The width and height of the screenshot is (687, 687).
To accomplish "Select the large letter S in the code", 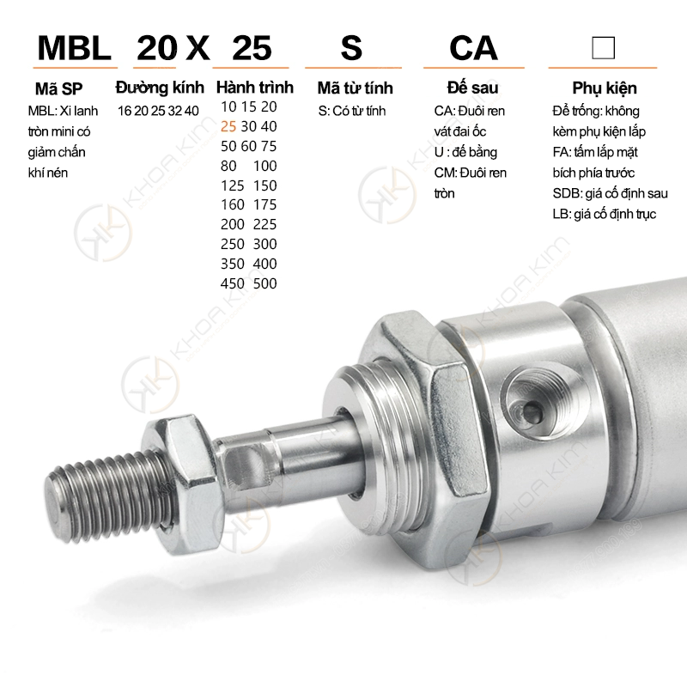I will (x=351, y=47).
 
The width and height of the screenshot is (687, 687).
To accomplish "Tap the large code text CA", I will (x=473, y=47).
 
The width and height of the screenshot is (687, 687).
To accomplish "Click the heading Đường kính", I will (x=159, y=88).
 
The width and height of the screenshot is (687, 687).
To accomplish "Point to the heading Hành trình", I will (x=254, y=88).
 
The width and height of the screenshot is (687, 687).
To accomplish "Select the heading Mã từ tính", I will (x=355, y=88).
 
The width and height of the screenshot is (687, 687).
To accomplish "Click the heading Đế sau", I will (x=473, y=88).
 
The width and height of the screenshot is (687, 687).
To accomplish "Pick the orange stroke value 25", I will (x=228, y=126).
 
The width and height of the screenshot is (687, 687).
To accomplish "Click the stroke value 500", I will (x=265, y=283).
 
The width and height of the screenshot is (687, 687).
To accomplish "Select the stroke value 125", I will (x=232, y=185).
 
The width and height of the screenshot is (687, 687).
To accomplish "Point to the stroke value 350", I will (x=232, y=264).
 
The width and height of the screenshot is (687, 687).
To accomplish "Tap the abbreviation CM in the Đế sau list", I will (x=445, y=173).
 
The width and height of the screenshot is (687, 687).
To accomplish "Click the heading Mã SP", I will (x=59, y=88).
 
